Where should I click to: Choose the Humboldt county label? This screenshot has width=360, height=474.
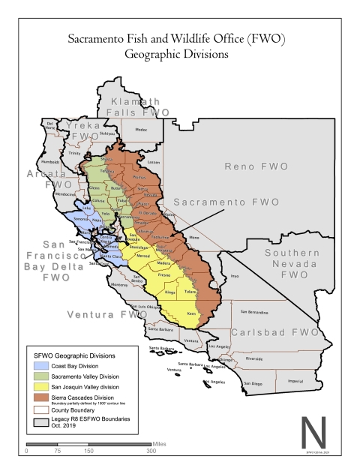click(50, 160)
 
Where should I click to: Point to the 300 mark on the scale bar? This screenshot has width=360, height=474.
click(151, 451)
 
